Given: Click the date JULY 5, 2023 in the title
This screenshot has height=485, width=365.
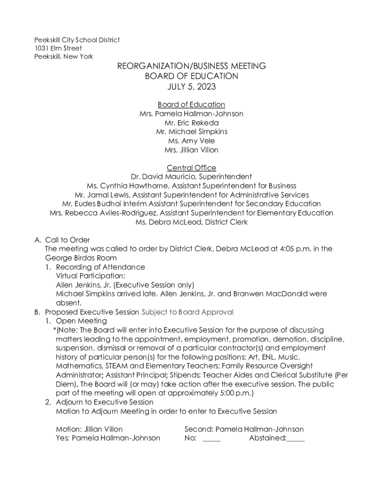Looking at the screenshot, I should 192,87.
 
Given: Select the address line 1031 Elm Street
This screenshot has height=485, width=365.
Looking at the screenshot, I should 58,48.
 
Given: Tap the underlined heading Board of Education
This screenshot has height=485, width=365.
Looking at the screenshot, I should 192,105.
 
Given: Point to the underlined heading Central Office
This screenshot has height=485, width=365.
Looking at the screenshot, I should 192,168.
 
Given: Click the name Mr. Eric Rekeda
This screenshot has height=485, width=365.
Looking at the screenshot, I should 192,123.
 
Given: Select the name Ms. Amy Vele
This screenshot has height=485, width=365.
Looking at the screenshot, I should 192,141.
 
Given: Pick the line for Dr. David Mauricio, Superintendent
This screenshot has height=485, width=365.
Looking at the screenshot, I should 192,177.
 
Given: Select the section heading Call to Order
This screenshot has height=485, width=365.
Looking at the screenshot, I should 67,240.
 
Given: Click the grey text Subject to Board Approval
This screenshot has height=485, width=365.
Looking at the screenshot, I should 188,312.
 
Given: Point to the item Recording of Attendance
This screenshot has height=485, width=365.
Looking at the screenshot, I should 100,267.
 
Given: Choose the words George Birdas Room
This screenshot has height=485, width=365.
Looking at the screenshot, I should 81,258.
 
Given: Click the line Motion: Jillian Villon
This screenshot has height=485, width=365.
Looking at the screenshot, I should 89,429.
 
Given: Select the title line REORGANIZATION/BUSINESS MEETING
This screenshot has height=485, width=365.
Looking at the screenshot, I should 192,66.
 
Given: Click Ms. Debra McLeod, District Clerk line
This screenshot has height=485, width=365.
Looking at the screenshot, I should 192,222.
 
